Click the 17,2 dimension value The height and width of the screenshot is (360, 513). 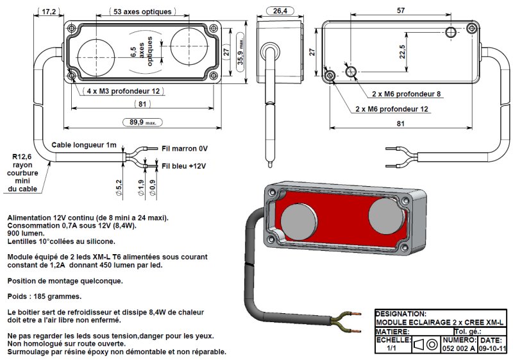click(49, 12)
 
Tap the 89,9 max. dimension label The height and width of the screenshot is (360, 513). click(143, 122)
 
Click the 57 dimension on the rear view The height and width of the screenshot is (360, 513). click(400, 11)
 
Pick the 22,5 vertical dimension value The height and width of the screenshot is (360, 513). click(402, 51)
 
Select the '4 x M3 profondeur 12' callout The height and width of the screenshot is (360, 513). click(123, 91)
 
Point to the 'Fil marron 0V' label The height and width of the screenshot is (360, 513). click(185, 148)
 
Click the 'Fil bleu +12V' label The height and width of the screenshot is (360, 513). click(185, 166)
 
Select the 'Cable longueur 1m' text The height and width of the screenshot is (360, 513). click(85, 145)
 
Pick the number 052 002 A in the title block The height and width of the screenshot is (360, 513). click(458, 348)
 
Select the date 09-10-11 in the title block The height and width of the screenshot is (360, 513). click(492, 348)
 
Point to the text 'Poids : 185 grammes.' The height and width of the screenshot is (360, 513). click(44, 297)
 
